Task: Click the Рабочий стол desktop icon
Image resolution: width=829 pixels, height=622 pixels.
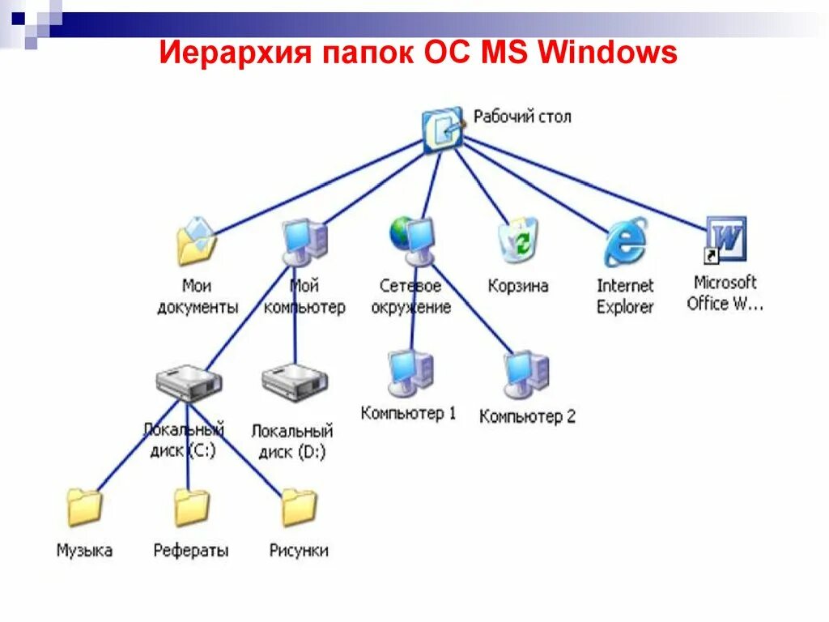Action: click(442, 128)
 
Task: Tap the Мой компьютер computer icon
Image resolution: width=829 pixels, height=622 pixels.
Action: click(305, 241)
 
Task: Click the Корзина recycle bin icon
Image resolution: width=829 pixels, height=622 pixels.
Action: click(518, 241)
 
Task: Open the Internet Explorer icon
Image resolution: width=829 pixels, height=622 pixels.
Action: click(625, 241)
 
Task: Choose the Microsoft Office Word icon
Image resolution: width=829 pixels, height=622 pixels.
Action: click(725, 240)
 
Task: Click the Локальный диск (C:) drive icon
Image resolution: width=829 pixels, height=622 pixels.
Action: click(188, 382)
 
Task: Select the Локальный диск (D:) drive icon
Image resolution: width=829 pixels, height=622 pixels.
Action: click(295, 382)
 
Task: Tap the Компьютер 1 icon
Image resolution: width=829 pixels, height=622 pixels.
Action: click(410, 372)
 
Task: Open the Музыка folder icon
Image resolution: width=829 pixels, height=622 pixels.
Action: click(84, 508)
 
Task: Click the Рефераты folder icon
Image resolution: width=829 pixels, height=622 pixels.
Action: click(192, 508)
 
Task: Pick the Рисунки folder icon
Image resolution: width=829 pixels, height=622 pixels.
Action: click(299, 508)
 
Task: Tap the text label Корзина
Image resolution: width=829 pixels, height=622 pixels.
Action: click(518, 286)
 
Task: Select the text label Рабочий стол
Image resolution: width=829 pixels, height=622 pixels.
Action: click(522, 117)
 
